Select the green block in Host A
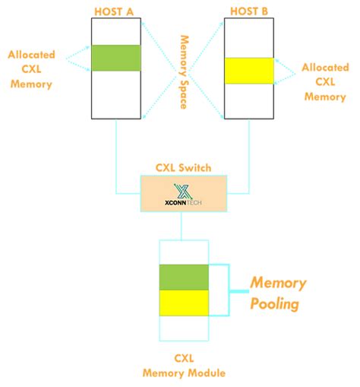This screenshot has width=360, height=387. tap(115, 58)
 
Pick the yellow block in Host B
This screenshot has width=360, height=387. tap(248, 70)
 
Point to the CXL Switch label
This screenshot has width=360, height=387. tap(183, 167)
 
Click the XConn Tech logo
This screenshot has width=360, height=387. tap(183, 194)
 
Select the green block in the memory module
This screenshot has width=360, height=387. tap(184, 277)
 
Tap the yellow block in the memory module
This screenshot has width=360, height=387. tap(184, 302)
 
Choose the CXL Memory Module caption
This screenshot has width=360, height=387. tap(183, 365)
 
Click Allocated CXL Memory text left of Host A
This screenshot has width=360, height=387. tap(30, 69)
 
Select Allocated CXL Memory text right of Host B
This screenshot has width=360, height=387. tap(324, 82)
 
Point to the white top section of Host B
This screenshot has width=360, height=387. tap(248, 37)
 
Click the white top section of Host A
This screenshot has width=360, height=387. tap(115, 31)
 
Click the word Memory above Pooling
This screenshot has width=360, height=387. tap(278, 283)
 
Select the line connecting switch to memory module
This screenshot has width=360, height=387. tap(183, 225)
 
